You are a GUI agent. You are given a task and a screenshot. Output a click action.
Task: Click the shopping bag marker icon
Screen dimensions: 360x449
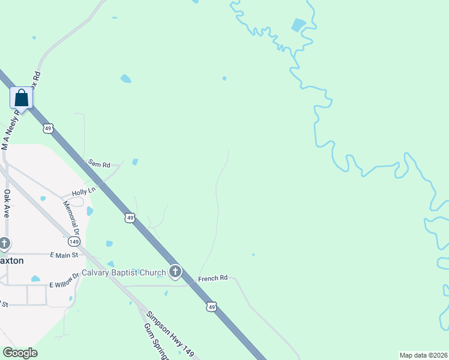(x=21, y=98)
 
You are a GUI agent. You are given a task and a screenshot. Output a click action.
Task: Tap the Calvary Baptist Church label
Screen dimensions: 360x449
(x=124, y=273)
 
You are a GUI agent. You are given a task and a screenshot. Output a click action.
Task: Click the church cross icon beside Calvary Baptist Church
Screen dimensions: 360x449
(x=175, y=272)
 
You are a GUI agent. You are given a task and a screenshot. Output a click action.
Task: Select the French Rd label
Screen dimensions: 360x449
(x=214, y=278)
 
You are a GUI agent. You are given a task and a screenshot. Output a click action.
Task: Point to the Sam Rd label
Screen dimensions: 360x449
(x=100, y=164)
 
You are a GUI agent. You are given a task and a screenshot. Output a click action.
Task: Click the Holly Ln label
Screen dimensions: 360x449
(x=83, y=192)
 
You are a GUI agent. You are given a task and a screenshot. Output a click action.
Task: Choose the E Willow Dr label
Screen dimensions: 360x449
(x=64, y=280)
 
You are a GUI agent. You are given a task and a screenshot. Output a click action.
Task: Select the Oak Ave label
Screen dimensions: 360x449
(x=7, y=203)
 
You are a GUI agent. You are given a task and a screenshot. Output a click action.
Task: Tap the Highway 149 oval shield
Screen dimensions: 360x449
(x=74, y=241)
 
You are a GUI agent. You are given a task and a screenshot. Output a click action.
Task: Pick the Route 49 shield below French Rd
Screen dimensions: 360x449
(x=211, y=307)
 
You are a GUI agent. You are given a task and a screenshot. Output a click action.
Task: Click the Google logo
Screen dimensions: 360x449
(x=20, y=353)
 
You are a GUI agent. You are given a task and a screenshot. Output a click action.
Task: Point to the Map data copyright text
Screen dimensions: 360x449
(x=423, y=355)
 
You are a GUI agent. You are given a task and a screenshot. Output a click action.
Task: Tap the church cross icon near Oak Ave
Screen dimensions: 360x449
(x=5, y=244)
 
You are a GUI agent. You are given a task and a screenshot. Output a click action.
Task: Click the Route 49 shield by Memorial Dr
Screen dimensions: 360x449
(x=130, y=217)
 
